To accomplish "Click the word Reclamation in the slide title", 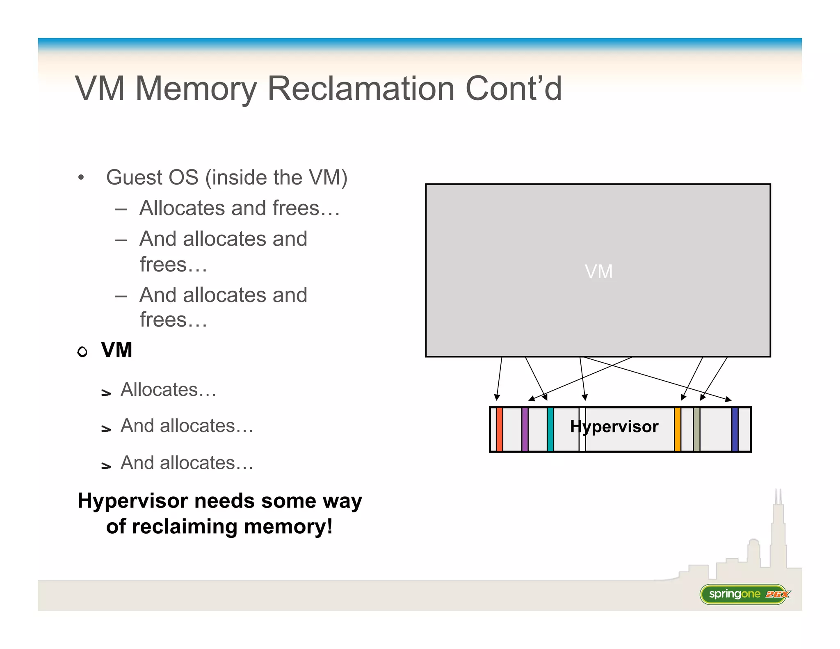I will (x=361, y=89).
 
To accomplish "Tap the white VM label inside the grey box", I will (x=598, y=272).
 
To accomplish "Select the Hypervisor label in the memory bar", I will (x=614, y=427).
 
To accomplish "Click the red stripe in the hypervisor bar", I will (x=499, y=430).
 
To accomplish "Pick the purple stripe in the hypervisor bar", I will (x=525, y=430).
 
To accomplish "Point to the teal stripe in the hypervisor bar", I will (x=550, y=430).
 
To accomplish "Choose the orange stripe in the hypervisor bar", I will (x=678, y=430).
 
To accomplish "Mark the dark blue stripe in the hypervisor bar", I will (x=735, y=430).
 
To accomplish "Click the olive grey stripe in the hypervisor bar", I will (x=696, y=430).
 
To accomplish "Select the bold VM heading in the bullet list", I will (x=116, y=350).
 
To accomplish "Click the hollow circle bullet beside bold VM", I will (x=82, y=352).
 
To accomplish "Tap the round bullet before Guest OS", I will (x=81, y=178).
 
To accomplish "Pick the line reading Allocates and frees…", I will (x=240, y=208).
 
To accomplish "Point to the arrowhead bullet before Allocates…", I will (x=106, y=393).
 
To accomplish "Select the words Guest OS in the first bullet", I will (x=152, y=178).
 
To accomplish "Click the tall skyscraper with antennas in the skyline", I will (x=778, y=533).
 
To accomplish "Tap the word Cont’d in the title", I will (x=514, y=89).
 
